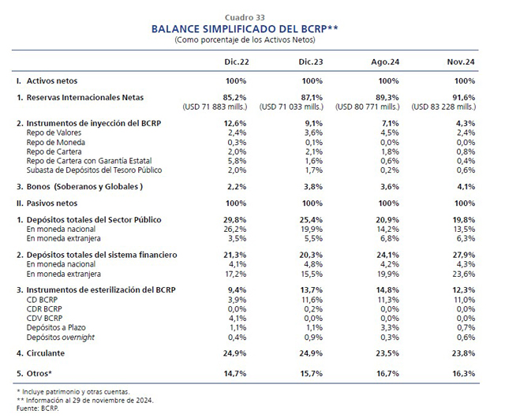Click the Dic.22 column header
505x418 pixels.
pos(237,62)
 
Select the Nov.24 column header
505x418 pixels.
pos(461,62)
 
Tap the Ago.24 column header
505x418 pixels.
pos(385,62)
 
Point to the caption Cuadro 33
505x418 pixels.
pos(245,17)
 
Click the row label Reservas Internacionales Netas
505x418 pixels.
pos(85,97)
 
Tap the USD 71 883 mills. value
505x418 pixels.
pos(215,106)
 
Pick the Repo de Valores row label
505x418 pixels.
pos(54,132)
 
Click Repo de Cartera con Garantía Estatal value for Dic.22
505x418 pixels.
pos(237,161)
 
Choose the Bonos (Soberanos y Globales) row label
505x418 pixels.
pos(84,187)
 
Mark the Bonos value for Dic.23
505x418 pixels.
pos(313,187)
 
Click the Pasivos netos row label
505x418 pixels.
pos(52,203)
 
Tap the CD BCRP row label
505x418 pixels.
pos(42,300)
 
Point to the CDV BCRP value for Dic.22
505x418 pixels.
pos(237,318)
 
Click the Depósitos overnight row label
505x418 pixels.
pos(61,338)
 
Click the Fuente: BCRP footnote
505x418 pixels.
pos(38,409)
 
